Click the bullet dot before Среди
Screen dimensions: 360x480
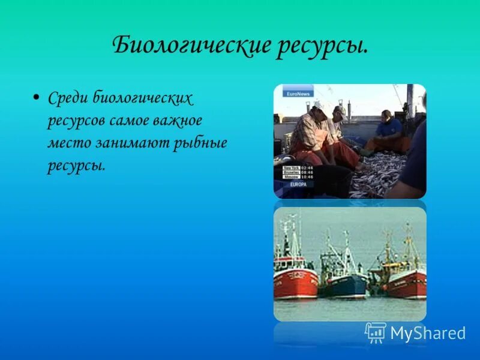(37, 97)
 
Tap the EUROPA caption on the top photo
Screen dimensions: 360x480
(298, 184)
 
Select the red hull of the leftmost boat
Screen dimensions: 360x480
(295, 282)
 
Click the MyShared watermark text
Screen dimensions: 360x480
(427, 333)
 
